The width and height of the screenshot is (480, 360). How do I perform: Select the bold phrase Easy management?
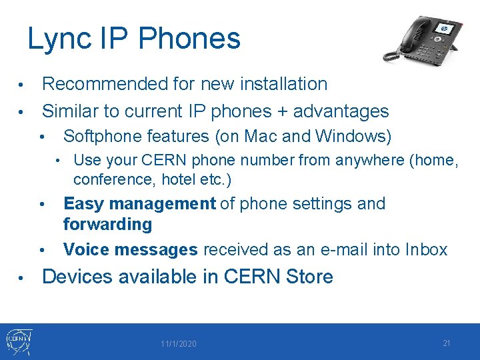(139, 203)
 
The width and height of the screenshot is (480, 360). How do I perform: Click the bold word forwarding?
(107, 224)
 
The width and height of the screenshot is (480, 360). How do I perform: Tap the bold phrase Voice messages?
(131, 249)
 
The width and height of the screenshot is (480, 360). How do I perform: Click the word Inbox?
(424, 249)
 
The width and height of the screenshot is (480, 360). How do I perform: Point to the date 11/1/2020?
(178, 344)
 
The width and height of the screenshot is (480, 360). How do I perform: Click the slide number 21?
(447, 343)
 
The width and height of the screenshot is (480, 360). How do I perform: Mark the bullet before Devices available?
(21, 277)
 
